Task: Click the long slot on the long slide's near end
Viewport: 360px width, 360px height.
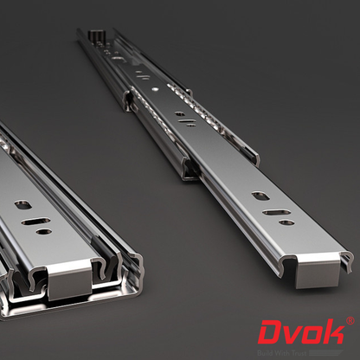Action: click(x=276, y=212)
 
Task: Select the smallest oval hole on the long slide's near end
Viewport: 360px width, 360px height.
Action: click(x=286, y=223)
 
